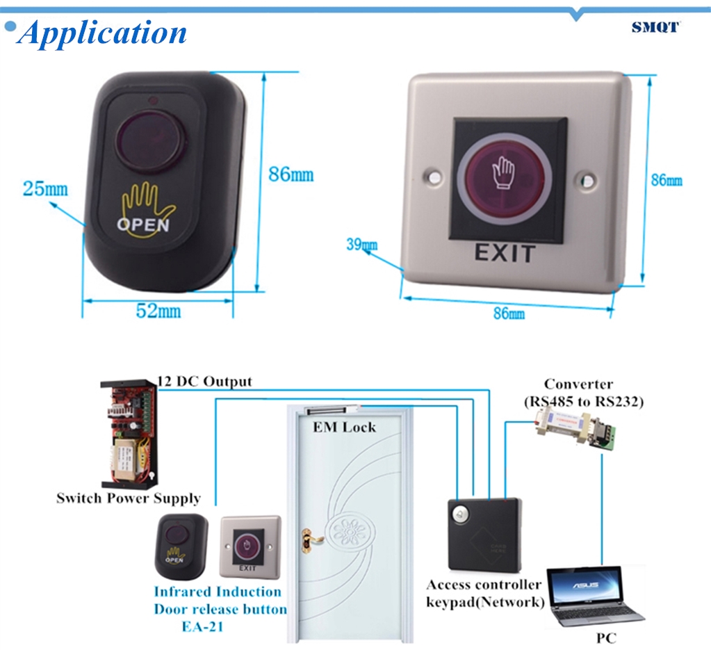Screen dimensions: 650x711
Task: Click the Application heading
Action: (103, 33)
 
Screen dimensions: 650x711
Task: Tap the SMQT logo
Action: (655, 27)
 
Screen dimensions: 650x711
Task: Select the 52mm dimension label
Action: (158, 311)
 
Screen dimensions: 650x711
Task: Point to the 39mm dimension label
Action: (361, 244)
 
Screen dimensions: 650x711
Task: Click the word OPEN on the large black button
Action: (142, 225)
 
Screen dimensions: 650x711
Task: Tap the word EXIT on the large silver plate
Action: (505, 253)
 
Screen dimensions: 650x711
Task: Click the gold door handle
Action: (307, 537)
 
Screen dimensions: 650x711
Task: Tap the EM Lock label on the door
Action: (344, 427)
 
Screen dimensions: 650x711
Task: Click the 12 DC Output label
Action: (205, 382)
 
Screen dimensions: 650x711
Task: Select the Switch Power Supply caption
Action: (129, 498)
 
